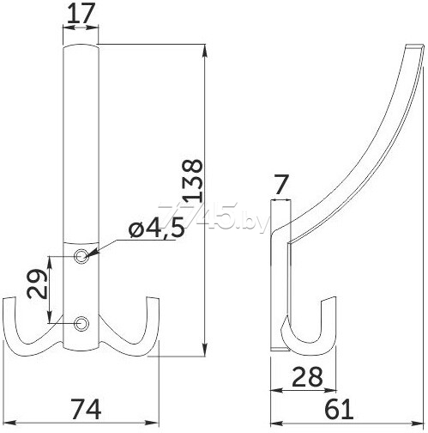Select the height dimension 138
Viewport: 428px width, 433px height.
[x=193, y=180]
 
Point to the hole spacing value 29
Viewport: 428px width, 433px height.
[x=37, y=284]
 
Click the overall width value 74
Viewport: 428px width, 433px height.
[x=85, y=410]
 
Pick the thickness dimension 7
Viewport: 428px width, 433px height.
[x=280, y=186]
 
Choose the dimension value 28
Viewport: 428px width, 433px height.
[x=307, y=376]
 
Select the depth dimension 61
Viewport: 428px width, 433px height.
[x=339, y=410]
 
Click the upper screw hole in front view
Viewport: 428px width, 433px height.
[x=81, y=256]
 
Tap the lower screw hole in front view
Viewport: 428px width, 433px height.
[x=81, y=324]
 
